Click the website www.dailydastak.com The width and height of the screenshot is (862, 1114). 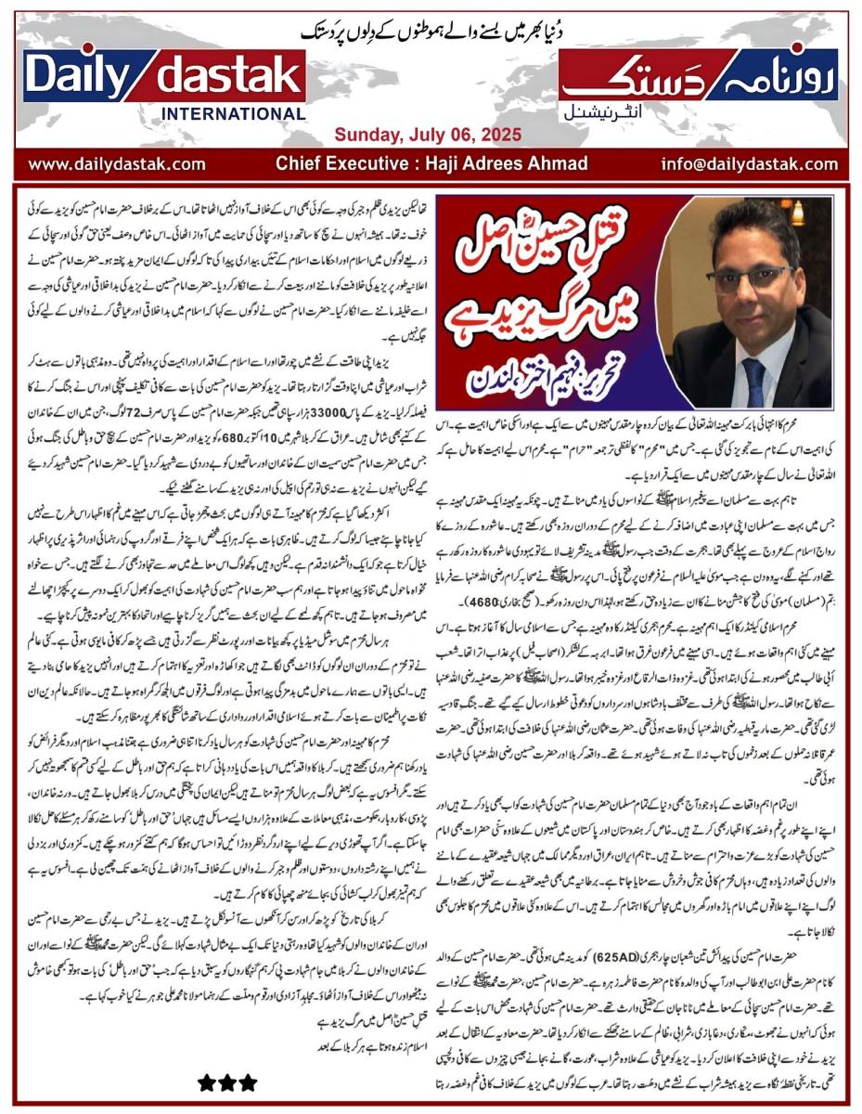117,164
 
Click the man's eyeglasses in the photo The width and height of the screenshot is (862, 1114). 747,277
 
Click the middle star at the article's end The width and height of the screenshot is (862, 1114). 226,1082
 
